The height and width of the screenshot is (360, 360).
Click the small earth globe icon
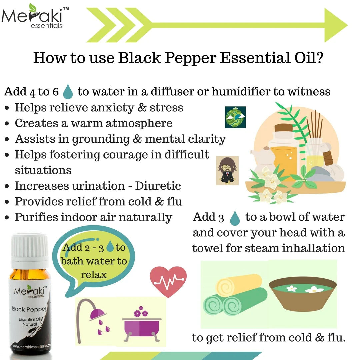click(x=235, y=117)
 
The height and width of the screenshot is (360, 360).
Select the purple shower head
click(x=97, y=314)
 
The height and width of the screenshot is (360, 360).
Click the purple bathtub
click(x=141, y=327)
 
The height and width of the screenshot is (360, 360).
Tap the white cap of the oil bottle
click(x=30, y=247)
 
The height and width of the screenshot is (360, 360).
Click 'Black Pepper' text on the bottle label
click(x=29, y=309)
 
